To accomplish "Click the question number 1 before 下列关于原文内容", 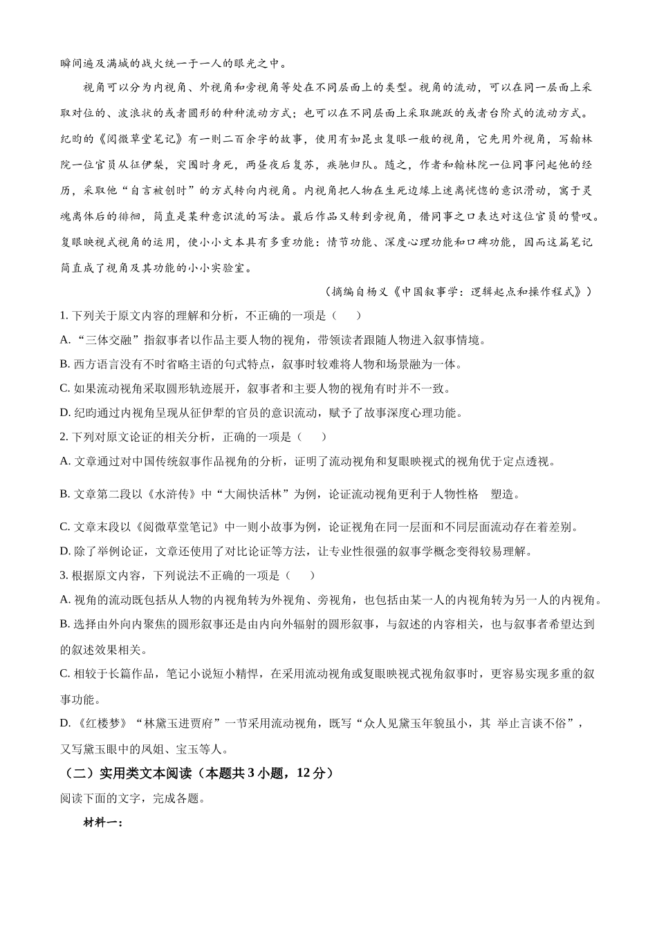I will [x=64, y=316].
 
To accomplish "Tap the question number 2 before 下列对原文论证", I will [x=64, y=437].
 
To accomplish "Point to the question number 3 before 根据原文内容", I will [x=64, y=575].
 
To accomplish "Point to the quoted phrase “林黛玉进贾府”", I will [x=181, y=723].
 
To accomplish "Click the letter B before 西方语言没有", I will [x=65, y=364].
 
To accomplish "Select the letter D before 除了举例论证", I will [x=65, y=551].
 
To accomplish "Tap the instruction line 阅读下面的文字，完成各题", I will [x=132, y=798].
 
